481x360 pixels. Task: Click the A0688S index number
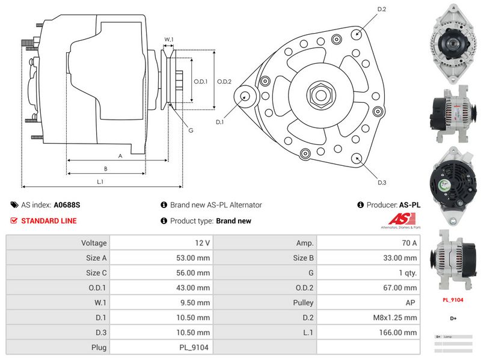tap(67, 205)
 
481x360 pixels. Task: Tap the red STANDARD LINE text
tap(49, 221)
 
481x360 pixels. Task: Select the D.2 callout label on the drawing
tap(381, 9)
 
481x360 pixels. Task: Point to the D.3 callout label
tap(381, 183)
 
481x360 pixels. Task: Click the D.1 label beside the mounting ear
tap(220, 122)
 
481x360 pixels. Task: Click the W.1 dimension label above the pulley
tap(168, 40)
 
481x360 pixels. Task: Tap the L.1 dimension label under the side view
tap(100, 182)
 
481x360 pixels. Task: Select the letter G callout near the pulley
tap(191, 130)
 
